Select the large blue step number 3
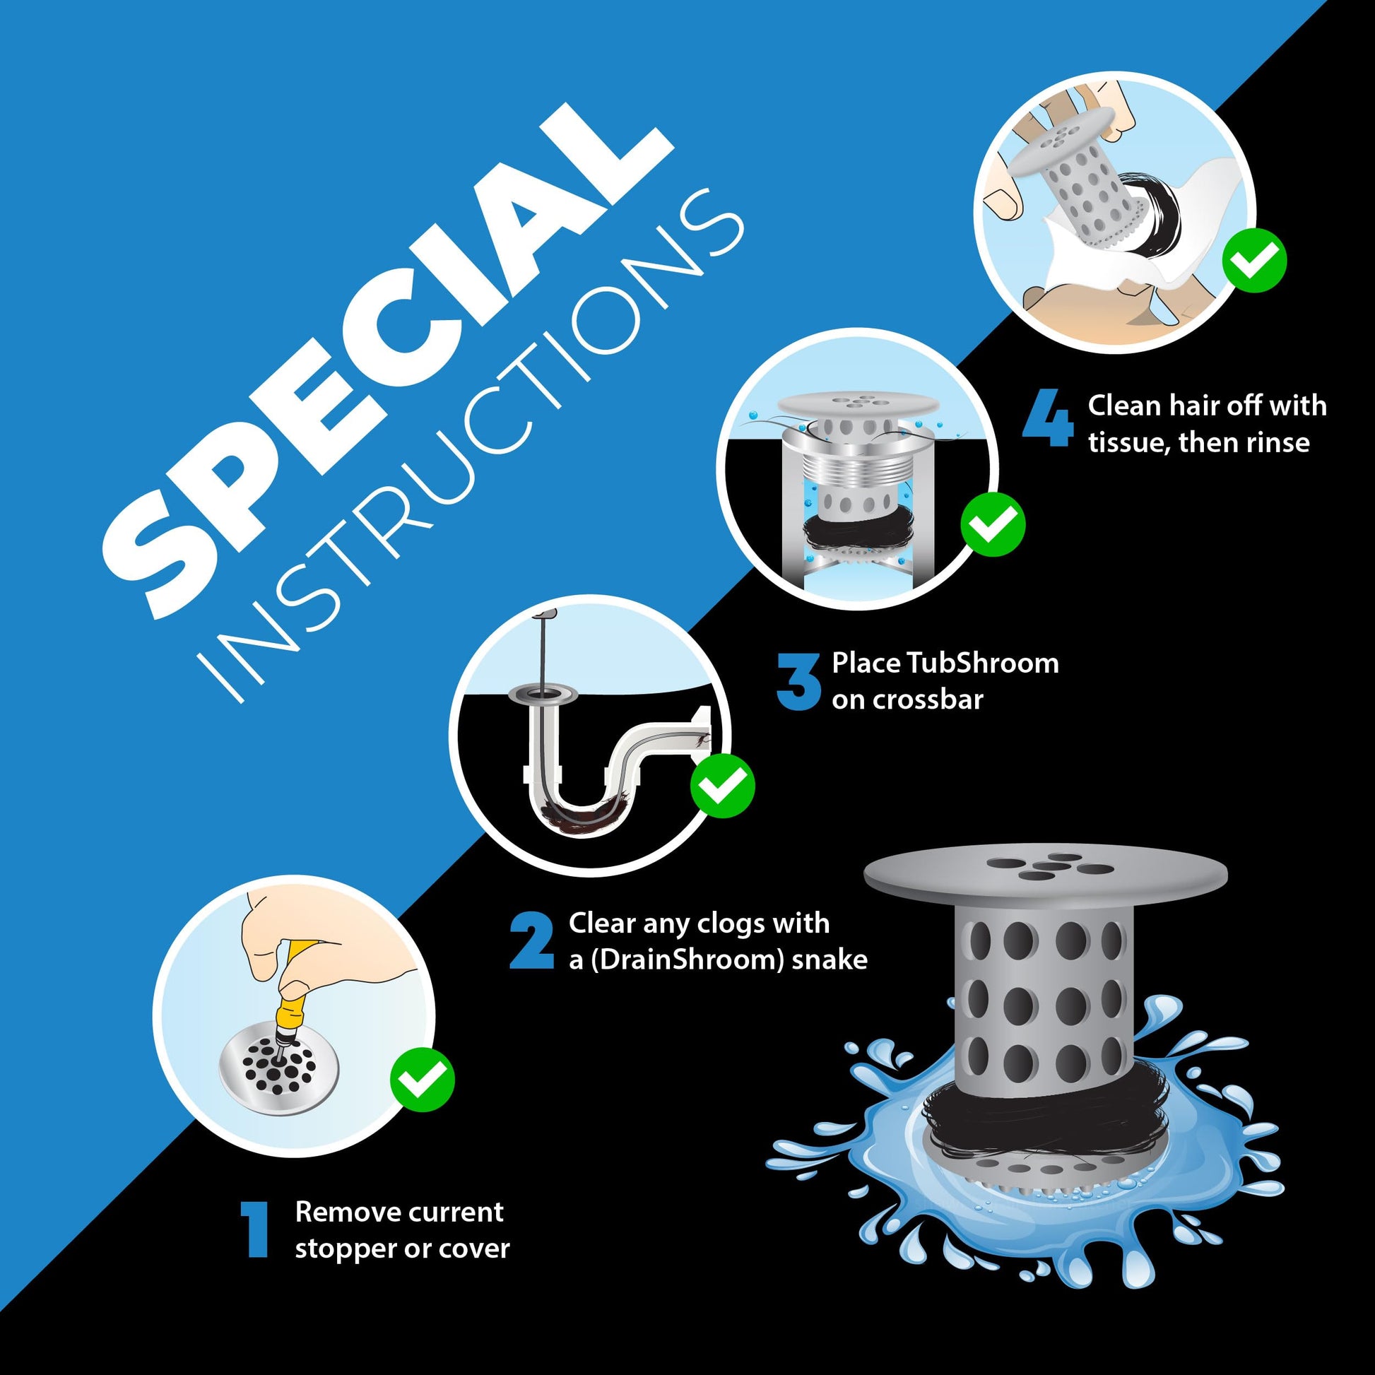798,681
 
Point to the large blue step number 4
1048,423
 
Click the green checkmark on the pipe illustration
722,786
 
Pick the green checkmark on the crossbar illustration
993,523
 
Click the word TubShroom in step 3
982,663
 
